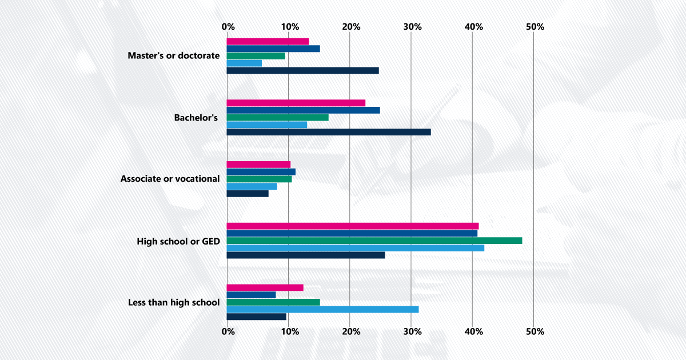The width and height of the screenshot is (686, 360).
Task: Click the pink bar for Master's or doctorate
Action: click(268, 41)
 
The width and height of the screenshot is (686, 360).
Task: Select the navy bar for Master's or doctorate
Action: click(273, 49)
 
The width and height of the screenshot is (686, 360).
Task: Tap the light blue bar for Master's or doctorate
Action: click(244, 63)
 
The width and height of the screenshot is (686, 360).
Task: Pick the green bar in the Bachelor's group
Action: click(277, 117)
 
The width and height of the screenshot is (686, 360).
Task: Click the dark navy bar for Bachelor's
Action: click(329, 132)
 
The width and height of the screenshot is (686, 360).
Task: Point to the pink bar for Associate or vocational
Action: click(258, 165)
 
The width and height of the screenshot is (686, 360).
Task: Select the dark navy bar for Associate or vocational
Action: click(248, 194)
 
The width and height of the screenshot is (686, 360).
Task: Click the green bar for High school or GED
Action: click(374, 241)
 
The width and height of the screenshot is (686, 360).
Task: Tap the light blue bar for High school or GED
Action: click(356, 248)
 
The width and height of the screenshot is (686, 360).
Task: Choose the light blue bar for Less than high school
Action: click(322, 309)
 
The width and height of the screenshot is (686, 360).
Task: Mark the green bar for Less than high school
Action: click(273, 302)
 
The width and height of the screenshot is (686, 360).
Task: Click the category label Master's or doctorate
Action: click(174, 55)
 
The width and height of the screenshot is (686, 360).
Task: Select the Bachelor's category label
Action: click(196, 118)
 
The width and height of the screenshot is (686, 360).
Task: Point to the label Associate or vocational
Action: click(170, 179)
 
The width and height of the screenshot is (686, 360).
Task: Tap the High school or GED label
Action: click(178, 241)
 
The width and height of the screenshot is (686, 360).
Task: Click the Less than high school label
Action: click(174, 302)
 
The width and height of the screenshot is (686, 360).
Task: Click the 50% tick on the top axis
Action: click(535, 27)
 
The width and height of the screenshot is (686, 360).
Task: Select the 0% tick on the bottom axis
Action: click(228, 331)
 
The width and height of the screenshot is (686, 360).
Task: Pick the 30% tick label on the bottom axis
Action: click(412, 331)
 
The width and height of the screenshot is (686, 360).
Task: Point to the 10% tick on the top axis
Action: click(289, 27)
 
